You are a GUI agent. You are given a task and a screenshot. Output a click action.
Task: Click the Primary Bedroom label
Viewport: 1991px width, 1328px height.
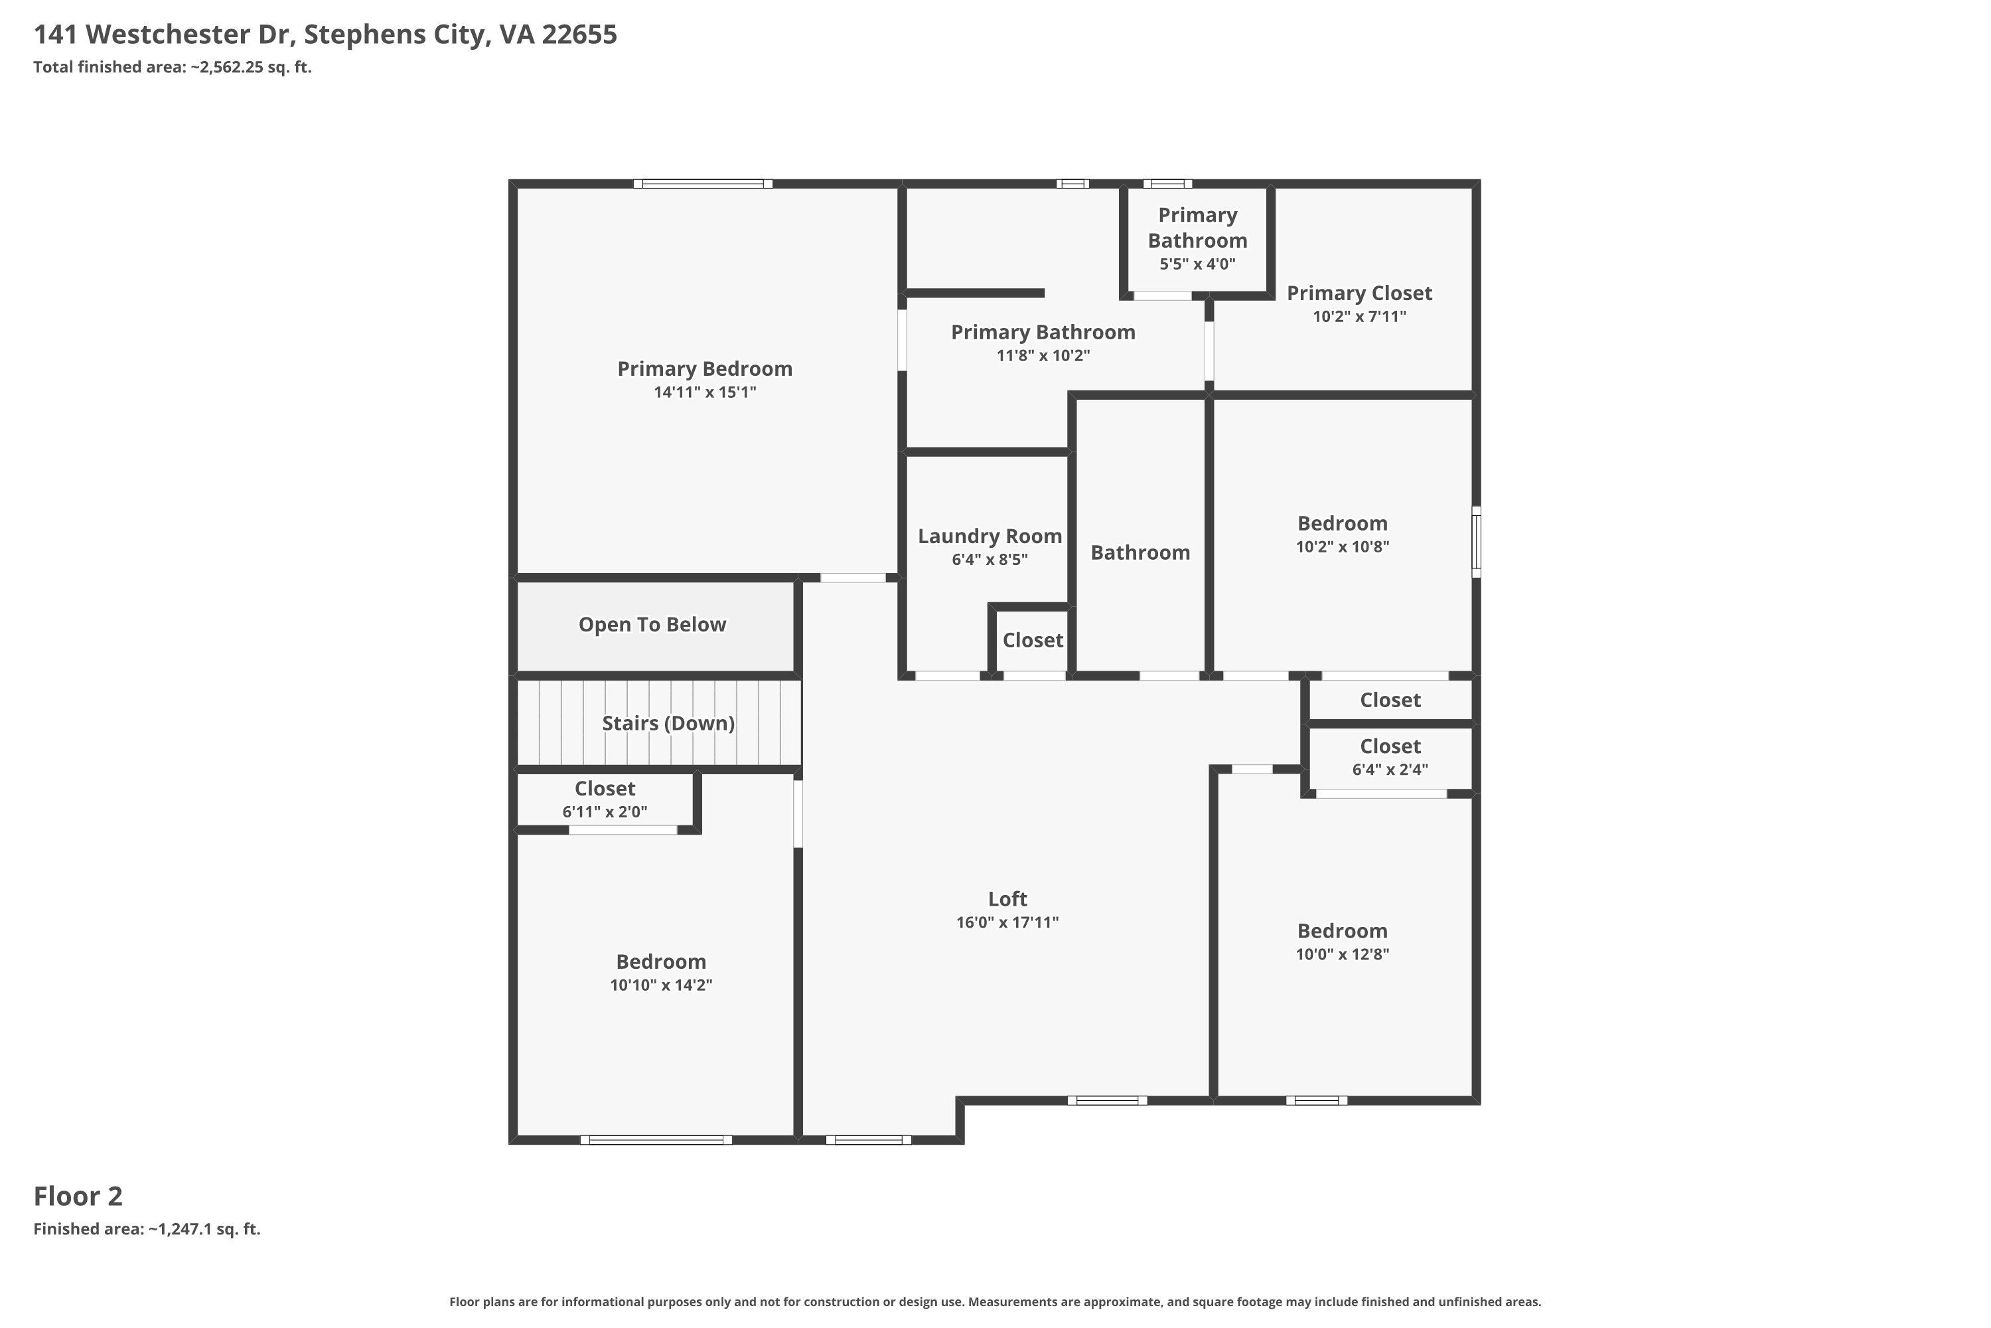(x=704, y=369)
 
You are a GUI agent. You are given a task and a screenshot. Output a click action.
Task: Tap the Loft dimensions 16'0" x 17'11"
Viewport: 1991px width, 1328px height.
(x=1007, y=922)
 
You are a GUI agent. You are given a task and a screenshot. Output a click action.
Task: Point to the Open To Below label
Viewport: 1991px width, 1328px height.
(x=652, y=624)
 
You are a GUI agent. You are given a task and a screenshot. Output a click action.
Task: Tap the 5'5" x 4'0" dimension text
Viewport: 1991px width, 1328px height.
(x=1197, y=264)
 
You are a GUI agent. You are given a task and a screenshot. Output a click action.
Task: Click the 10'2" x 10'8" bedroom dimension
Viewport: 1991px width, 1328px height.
(x=1343, y=546)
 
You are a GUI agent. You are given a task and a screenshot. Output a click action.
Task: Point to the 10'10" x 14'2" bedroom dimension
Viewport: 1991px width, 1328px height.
(x=661, y=985)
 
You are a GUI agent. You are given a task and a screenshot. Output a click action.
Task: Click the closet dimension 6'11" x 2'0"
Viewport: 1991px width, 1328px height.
(x=605, y=811)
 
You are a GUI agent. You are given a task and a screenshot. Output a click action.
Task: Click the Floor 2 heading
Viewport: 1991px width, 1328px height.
(x=78, y=1196)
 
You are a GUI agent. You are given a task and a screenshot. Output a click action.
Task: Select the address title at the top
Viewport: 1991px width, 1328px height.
(x=325, y=34)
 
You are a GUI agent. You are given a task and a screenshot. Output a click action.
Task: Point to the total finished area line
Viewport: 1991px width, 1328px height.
(x=173, y=67)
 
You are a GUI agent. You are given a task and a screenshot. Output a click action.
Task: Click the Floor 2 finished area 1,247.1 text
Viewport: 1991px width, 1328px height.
(x=147, y=1229)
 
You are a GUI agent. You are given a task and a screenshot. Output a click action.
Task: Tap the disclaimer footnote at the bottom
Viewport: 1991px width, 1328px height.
(x=995, y=1301)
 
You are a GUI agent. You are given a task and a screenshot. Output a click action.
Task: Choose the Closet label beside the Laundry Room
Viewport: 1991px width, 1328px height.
(x=1033, y=639)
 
